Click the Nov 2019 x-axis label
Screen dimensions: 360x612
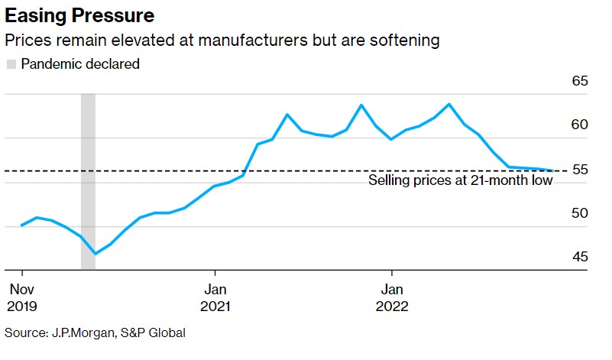[22, 297]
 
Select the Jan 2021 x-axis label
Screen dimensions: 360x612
[215, 297]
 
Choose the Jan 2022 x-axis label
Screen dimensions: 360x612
[392, 297]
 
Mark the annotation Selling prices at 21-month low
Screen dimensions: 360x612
[460, 181]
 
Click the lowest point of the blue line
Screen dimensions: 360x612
[96, 254]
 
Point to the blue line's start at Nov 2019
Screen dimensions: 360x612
[22, 225]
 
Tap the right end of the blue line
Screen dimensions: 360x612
[554, 170]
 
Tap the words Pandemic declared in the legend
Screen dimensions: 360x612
[80, 64]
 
